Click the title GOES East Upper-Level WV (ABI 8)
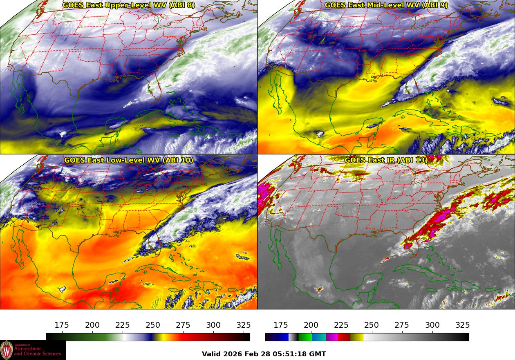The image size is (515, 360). coord(129,5)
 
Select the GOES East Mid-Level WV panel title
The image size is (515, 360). coord(386,5)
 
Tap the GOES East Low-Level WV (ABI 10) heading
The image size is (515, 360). coord(129,160)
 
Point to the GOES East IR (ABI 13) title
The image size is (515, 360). coord(386,160)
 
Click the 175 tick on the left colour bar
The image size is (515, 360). coord(62,325)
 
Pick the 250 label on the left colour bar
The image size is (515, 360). coord(153,325)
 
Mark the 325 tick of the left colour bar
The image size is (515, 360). coord(244,325)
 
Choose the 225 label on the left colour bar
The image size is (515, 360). coord(123,325)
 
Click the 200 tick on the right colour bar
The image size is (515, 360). coord(311,325)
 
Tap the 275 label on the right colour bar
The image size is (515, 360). coord(402,325)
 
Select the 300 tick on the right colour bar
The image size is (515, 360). coord(432,325)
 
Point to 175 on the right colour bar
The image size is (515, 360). coord(281,325)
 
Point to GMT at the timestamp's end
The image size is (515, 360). coord(318,354)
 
